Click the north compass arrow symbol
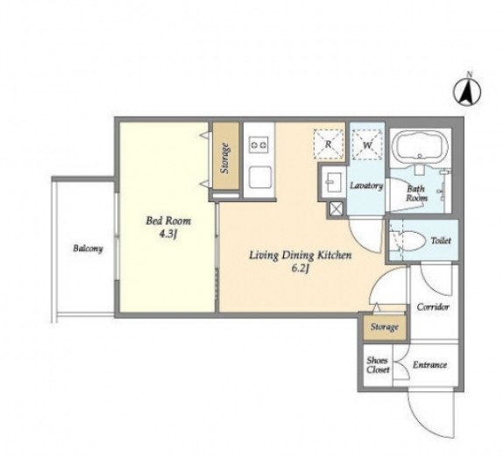pyautogui.click(x=467, y=92)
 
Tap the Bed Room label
pyautogui.click(x=168, y=221)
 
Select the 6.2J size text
pyautogui.click(x=301, y=269)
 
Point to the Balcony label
pyautogui.click(x=88, y=249)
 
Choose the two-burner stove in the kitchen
pyautogui.click(x=259, y=144)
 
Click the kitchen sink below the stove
pyautogui.click(x=259, y=178)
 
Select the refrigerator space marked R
pyautogui.click(x=328, y=144)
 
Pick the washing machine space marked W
pyautogui.click(x=367, y=144)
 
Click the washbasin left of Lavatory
pyautogui.click(x=333, y=181)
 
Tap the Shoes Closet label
pyautogui.click(x=378, y=365)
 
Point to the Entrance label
pyautogui.click(x=429, y=365)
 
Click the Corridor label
pyautogui.click(x=433, y=306)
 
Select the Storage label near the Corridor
pyautogui.click(x=385, y=327)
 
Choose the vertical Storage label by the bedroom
pyautogui.click(x=225, y=158)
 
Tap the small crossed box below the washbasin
pyautogui.click(x=336, y=209)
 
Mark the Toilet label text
pyautogui.click(x=441, y=241)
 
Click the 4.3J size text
pyautogui.click(x=168, y=235)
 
